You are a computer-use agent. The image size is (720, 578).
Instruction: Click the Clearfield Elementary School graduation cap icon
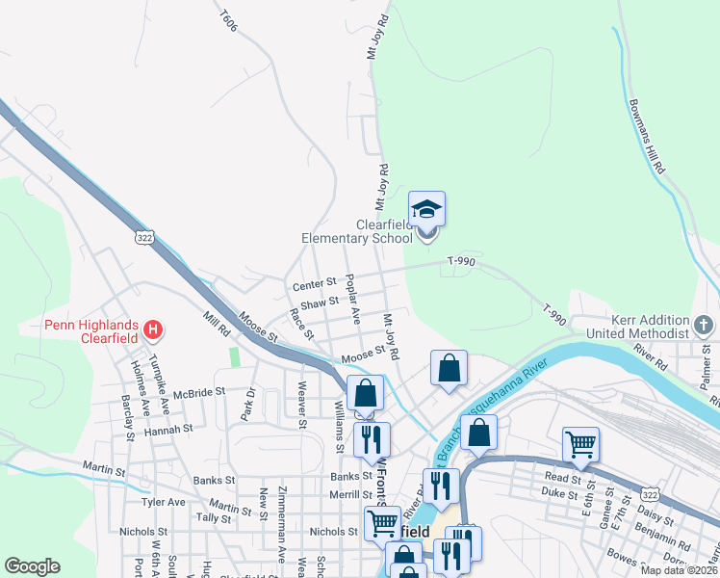[x=427, y=210]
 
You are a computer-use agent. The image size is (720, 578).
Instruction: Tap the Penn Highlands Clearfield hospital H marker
[x=152, y=331]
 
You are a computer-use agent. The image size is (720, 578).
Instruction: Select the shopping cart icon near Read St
[x=580, y=444]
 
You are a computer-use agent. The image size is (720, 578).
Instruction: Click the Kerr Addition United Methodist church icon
[x=704, y=325]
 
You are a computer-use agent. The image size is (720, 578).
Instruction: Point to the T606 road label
[x=228, y=20]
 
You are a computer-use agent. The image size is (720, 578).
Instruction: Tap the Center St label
[x=315, y=284]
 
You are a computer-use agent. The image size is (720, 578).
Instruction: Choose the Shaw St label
[x=320, y=302]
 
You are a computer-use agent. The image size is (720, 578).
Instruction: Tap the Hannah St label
[x=168, y=429]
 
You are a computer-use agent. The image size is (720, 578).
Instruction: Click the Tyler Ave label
[x=163, y=503]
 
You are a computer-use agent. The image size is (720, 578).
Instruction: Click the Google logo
[x=32, y=566]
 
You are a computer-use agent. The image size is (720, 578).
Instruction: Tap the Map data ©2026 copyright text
[x=680, y=570]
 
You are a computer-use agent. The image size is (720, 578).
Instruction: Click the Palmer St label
[x=708, y=368]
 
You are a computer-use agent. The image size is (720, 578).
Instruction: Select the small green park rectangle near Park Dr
[x=234, y=356]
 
